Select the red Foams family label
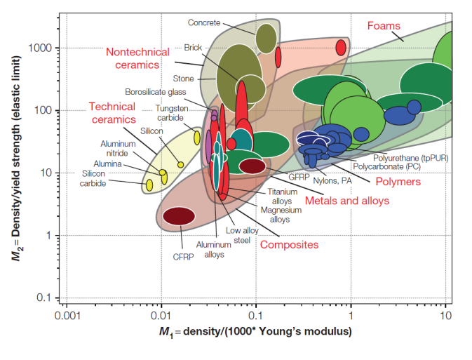(x=384, y=26)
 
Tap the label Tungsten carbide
(x=172, y=114)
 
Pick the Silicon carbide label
(x=94, y=179)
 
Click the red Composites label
(x=290, y=245)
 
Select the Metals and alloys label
(x=346, y=201)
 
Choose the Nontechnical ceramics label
(x=138, y=58)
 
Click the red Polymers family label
(x=398, y=182)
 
